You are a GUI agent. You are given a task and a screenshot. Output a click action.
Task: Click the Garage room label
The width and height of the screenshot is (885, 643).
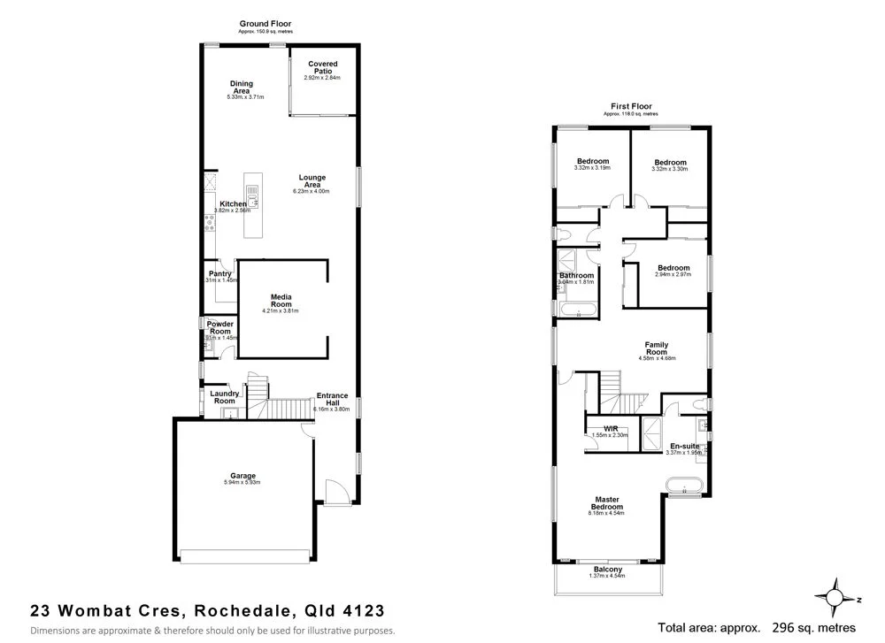[243, 476]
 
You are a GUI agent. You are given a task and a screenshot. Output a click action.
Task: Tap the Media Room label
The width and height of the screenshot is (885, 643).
[281, 300]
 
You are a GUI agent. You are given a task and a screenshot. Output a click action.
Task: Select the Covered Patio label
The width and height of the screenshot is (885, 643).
[322, 67]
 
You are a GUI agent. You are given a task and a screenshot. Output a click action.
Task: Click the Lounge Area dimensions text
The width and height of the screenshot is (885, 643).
[312, 191]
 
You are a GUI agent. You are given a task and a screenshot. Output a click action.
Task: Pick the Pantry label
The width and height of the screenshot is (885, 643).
[219, 274]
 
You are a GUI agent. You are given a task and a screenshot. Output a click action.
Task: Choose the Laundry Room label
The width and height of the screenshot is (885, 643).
[224, 396]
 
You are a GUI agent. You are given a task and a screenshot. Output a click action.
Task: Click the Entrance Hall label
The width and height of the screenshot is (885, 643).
[332, 399]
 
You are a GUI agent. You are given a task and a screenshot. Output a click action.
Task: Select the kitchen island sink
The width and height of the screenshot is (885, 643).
[252, 194]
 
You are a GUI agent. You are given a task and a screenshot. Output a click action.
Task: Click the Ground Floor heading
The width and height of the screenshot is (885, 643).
[265, 24]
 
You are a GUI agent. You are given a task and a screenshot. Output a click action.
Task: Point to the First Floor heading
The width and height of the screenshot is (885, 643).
[630, 106]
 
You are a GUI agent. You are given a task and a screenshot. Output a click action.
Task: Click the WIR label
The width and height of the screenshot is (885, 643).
[610, 428]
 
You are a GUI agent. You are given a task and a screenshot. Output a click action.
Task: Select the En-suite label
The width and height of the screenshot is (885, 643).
[685, 446]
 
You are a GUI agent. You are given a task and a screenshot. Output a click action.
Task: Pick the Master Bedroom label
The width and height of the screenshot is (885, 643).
[608, 503]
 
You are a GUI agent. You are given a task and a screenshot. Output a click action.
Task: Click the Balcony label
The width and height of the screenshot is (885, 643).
[608, 569]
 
